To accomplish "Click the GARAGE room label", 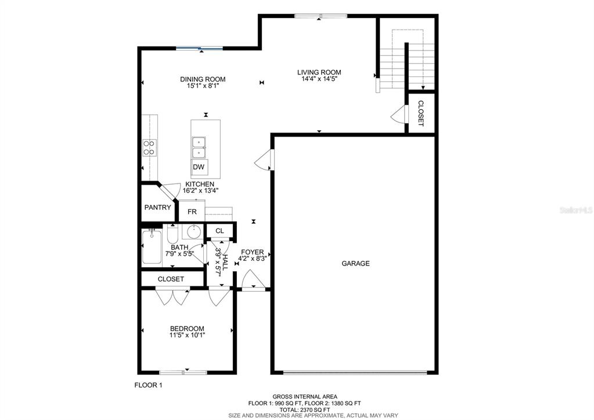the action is pyautogui.click(x=355, y=264).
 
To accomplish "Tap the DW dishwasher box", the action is pyautogui.click(x=199, y=167).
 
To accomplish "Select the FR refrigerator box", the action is pyautogui.click(x=192, y=211).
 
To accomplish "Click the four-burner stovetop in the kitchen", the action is pyautogui.click(x=149, y=148).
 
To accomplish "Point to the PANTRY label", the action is pyautogui.click(x=157, y=208).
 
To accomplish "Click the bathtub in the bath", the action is pyautogui.click(x=152, y=247).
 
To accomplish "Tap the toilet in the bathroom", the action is pyautogui.click(x=172, y=234).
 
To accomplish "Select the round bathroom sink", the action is pyautogui.click(x=194, y=232).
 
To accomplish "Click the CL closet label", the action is pyautogui.click(x=219, y=231).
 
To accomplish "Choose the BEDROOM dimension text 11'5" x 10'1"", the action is pyautogui.click(x=187, y=335).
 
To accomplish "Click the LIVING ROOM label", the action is pyautogui.click(x=319, y=73).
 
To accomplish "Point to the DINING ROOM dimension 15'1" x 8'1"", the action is pyautogui.click(x=203, y=85).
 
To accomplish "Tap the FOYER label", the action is pyautogui.click(x=253, y=252).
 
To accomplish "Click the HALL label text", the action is pyautogui.click(x=225, y=262).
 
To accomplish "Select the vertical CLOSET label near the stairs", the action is pyautogui.click(x=420, y=113).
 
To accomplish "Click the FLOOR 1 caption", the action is pyautogui.click(x=149, y=385).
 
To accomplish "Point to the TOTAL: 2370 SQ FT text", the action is pyautogui.click(x=305, y=410).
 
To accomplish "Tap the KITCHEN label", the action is pyautogui.click(x=200, y=184).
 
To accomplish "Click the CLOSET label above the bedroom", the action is pyautogui.click(x=171, y=279).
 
